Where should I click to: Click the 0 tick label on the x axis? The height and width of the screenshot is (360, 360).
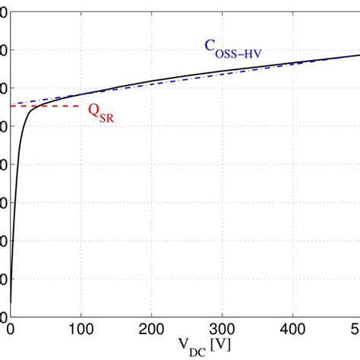pyautogui.click(x=10, y=328)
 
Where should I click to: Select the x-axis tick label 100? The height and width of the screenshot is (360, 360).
pyautogui.click(x=81, y=328)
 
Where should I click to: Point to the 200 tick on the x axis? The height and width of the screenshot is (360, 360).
pyautogui.click(x=151, y=328)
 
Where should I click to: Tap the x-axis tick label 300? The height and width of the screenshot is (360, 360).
pyautogui.click(x=222, y=328)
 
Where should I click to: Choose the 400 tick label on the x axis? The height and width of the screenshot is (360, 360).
pyautogui.click(x=292, y=328)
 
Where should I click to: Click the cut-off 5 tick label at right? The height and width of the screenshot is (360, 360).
pyautogui.click(x=356, y=328)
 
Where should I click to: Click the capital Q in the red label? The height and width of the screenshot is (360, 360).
pyautogui.click(x=93, y=112)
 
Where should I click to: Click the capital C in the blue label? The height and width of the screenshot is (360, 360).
pyautogui.click(x=209, y=46)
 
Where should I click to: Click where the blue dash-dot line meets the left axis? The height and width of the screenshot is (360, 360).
pyautogui.click(x=11, y=105)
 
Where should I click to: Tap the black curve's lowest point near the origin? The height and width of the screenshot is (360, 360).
pyautogui.click(x=10, y=302)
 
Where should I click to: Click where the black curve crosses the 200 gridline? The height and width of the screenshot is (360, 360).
pyautogui.click(x=151, y=84)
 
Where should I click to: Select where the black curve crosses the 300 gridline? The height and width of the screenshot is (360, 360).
pyautogui.click(x=222, y=71)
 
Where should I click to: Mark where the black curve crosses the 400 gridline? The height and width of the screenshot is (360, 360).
pyautogui.click(x=292, y=62)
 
